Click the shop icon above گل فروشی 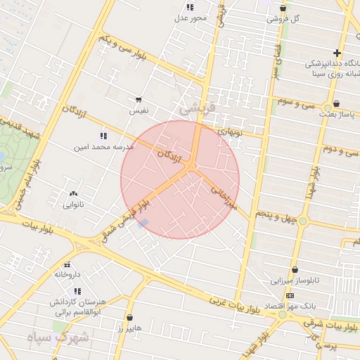pyautogui.click(x=283, y=8)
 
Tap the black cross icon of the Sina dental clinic pyautogui.click(x=337, y=53)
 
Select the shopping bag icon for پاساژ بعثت pyautogui.click(x=336, y=103)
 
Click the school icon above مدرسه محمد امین pyautogui.click(x=104, y=136)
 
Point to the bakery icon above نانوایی pyautogui.click(x=73, y=193)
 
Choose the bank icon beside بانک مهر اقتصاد pyautogui.click(x=289, y=296)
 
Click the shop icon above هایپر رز pyautogui.click(x=129, y=318)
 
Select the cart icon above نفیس pyautogui.click(x=139, y=101)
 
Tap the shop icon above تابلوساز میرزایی pyautogui.click(x=294, y=269)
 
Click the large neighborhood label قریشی pyautogui.click(x=195, y=110)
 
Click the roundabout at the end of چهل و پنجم pyautogui.click(x=303, y=221)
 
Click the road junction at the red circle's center pyautogui.click(x=192, y=166)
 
